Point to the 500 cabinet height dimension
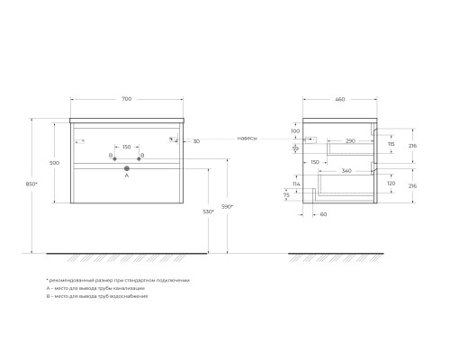[55, 163]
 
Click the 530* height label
[209, 211]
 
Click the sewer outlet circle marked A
[127, 168]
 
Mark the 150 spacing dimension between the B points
[127, 146]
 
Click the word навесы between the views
[247, 139]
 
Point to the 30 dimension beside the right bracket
[196, 140]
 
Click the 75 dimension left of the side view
[287, 194]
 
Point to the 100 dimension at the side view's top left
[297, 131]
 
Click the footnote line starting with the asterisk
[117, 280]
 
